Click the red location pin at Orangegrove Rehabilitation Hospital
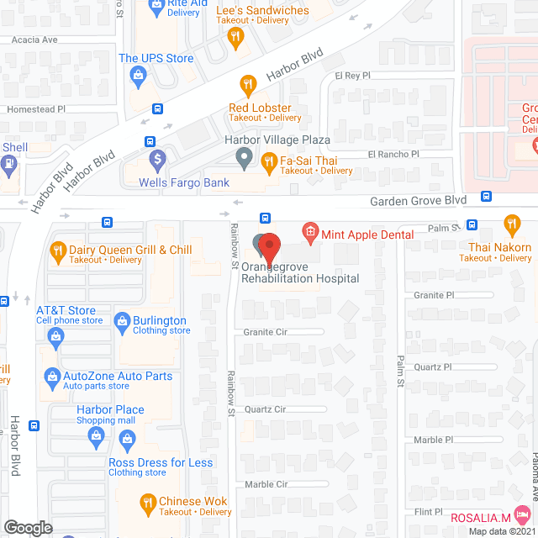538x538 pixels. point(268,246)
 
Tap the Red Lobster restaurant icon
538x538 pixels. point(247,83)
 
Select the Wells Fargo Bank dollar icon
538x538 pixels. point(157,158)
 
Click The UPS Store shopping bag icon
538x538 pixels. point(137,76)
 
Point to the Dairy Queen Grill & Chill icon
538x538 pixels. point(58,250)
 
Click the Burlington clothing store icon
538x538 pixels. point(122,320)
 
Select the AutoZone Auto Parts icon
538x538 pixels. point(51,377)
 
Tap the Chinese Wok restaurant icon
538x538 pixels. point(148,504)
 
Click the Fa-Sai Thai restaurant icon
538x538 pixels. point(269,160)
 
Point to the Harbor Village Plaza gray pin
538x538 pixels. point(244,157)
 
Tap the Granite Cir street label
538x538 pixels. point(266,332)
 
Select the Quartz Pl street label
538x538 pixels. point(432,367)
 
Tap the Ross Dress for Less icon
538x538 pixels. point(127,438)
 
